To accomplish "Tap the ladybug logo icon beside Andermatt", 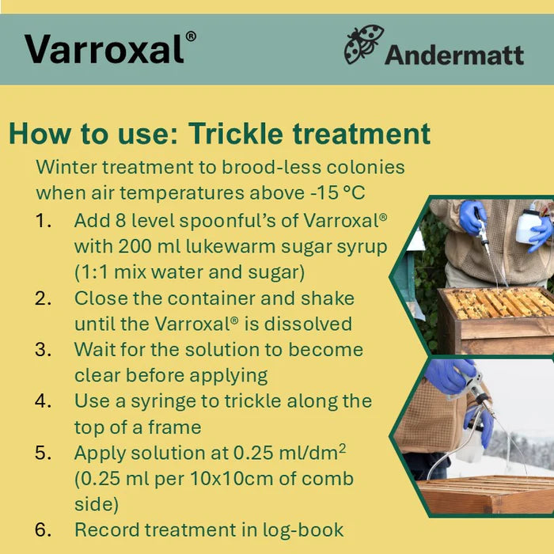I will [x=362, y=45].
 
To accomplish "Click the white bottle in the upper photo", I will [x=528, y=225].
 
